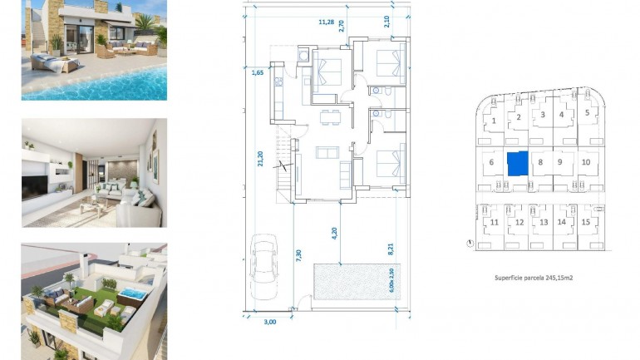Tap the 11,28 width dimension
[326, 22]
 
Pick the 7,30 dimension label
[298, 256]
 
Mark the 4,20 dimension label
[334, 234]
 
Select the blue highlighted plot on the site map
[517, 164]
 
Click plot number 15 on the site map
[586, 222]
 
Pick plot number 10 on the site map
[586, 162]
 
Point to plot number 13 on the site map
[544, 222]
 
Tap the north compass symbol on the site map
[471, 244]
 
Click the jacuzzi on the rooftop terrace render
[131, 294]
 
